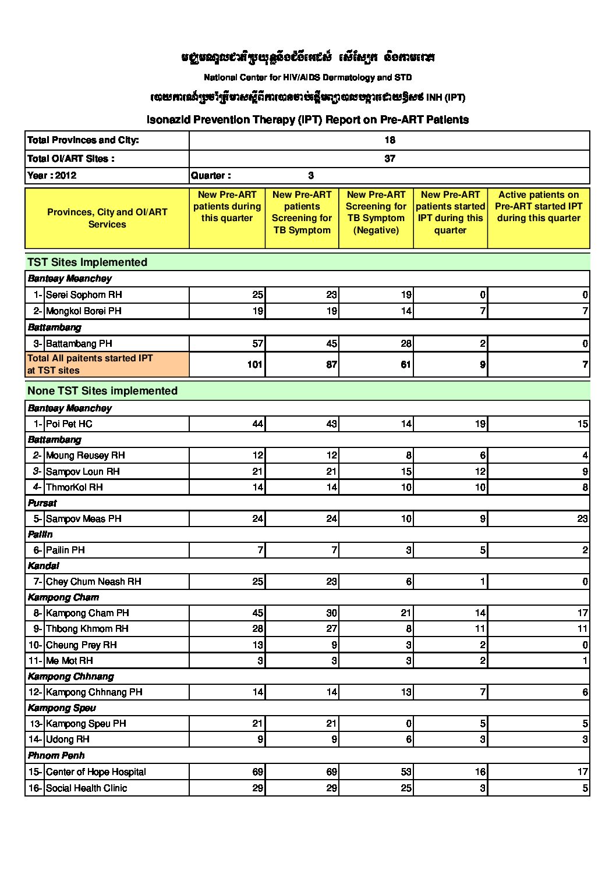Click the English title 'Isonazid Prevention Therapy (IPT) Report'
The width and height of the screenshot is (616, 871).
coord(307,120)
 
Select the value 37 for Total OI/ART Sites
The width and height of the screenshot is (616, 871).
coord(390,158)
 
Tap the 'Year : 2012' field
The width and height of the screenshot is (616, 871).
coord(52,176)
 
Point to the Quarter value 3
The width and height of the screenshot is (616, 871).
coord(311,176)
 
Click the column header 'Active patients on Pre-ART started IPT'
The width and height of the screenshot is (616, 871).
coord(539,207)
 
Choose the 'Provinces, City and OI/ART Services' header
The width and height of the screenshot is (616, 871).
coord(107,218)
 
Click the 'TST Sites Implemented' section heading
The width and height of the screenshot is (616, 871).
coord(87,262)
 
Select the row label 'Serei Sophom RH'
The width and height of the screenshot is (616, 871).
coord(84,295)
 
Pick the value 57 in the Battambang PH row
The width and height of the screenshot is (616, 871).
coord(257,344)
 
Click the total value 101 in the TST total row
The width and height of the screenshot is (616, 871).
coord(254,365)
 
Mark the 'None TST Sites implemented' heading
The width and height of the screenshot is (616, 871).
coord(102,391)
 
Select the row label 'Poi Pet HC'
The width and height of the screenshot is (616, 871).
coord(69,424)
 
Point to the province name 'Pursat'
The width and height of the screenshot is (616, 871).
coord(43,503)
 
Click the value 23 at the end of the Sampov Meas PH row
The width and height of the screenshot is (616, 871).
coord(582,519)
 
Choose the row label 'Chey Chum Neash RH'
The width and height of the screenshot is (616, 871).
coord(93,582)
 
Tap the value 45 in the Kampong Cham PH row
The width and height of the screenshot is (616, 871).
coord(257,613)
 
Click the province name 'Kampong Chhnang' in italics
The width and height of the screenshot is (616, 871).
coord(71,677)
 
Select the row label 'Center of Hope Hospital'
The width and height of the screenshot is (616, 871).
coord(95,772)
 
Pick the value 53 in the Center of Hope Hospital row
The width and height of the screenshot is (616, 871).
coord(406,772)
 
